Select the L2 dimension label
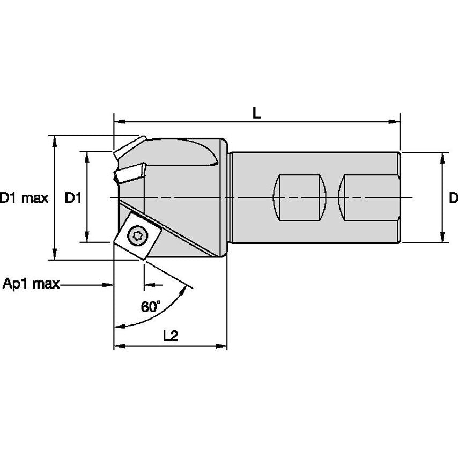tap(170, 336)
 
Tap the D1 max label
tap(24, 198)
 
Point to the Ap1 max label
tap(31, 283)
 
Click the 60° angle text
tap(151, 307)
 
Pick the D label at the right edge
tap(453, 198)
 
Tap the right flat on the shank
tap(370, 197)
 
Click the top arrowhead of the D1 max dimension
tap(55, 140)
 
